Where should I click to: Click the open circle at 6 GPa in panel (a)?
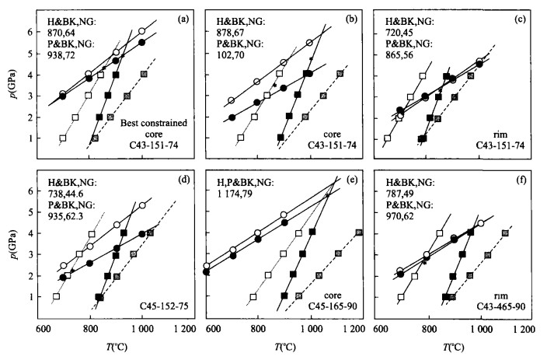point(142,32)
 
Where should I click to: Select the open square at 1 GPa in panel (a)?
point(63,138)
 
